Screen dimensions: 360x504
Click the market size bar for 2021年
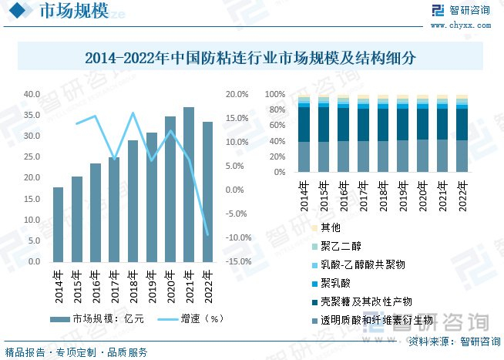tap(189, 185)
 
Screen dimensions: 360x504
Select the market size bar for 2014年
tap(59, 224)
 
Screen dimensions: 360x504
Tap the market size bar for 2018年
tap(133, 200)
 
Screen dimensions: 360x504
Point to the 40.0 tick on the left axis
tap(32, 94)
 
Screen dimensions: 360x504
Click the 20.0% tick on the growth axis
tap(237, 94)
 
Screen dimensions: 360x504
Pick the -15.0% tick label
tap(237, 261)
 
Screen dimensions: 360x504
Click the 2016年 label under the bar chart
tap(96, 282)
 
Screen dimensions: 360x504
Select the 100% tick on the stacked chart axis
tap(275, 94)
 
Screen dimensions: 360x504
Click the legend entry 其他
tap(330, 227)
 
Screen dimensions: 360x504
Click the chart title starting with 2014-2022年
tap(250, 58)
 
